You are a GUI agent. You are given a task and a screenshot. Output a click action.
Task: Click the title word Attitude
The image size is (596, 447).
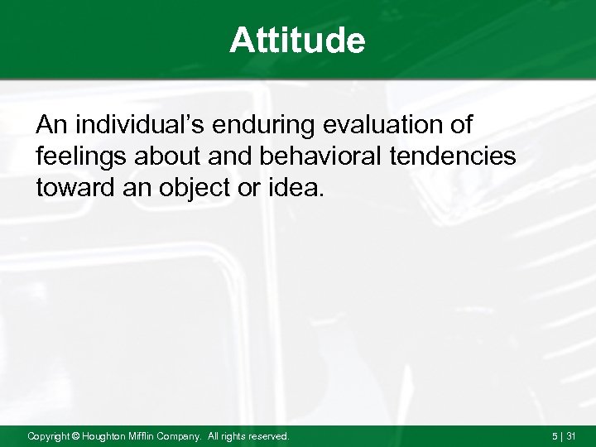[297, 41]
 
